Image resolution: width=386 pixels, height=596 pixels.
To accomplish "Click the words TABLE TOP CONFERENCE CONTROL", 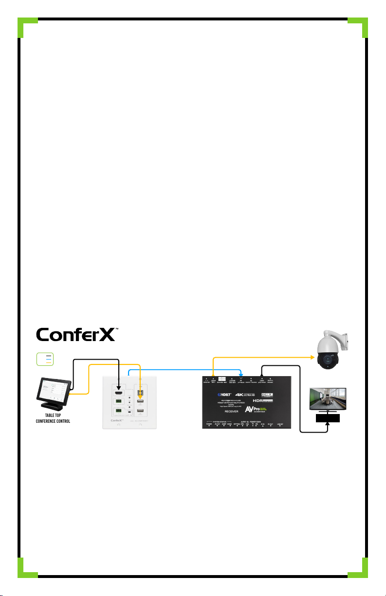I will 54,418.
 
